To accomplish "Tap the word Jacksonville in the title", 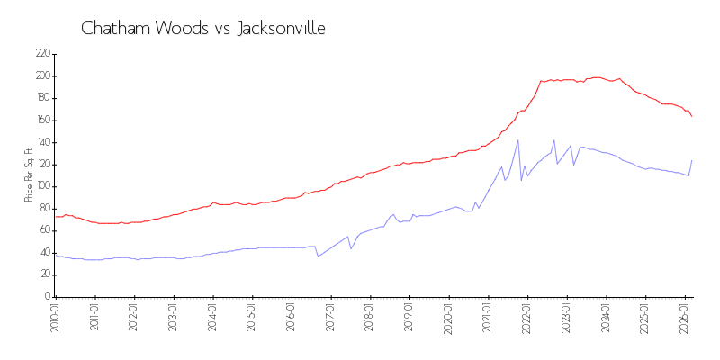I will pos(282,29).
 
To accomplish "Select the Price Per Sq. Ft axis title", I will pos(29,175).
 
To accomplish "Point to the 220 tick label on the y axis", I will pos(41,54).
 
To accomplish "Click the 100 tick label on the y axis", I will pos(41,186).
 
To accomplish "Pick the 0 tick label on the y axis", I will pos(47,297).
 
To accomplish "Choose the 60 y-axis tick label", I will pos(43,230).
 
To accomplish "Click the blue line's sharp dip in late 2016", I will pos(317,256).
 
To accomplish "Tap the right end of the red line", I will pos(691,116).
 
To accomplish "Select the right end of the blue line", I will pos(691,161).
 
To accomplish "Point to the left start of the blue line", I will pos(56,255).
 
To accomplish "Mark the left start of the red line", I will pos(56,216).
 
